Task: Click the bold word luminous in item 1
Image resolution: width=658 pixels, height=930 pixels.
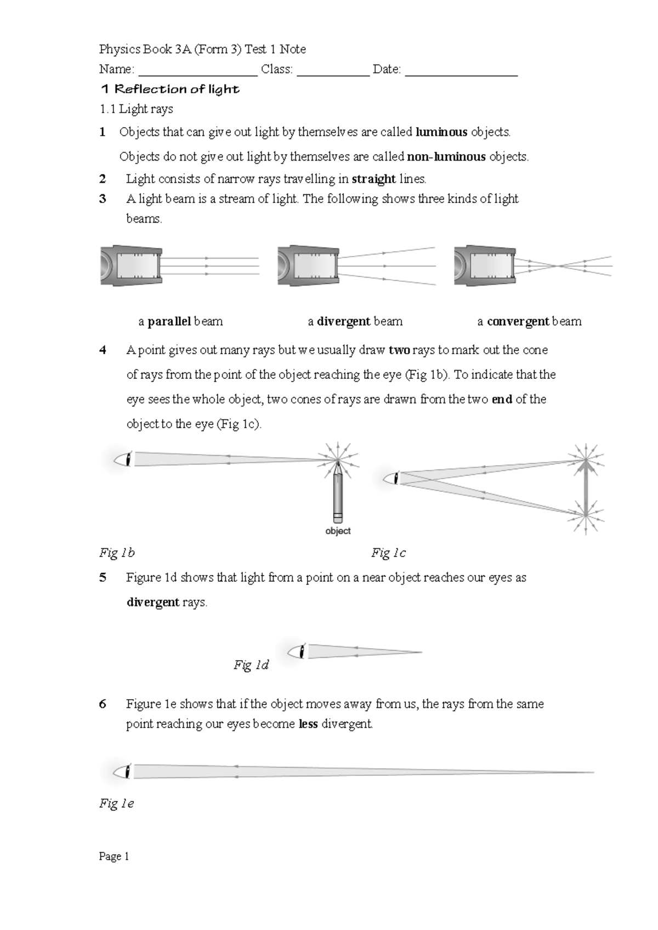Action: click(441, 132)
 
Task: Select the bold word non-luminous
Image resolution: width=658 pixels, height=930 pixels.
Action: click(446, 157)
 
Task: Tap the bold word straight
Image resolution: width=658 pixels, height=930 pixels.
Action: click(373, 179)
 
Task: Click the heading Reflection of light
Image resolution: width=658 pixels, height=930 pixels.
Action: click(171, 89)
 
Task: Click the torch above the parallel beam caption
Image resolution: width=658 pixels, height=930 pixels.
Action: click(132, 266)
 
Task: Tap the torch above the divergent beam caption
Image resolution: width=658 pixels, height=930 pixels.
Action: click(308, 266)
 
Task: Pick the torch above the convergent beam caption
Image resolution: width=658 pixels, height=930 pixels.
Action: click(485, 266)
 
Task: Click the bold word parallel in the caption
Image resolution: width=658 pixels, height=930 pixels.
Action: click(169, 321)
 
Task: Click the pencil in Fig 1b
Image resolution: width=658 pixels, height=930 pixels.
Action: click(338, 491)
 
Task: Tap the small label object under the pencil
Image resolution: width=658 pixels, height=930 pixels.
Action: click(338, 531)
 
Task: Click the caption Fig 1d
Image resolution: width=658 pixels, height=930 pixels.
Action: click(251, 665)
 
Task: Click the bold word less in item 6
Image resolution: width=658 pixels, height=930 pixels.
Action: click(308, 724)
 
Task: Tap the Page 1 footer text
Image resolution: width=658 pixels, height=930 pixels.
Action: click(114, 857)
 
